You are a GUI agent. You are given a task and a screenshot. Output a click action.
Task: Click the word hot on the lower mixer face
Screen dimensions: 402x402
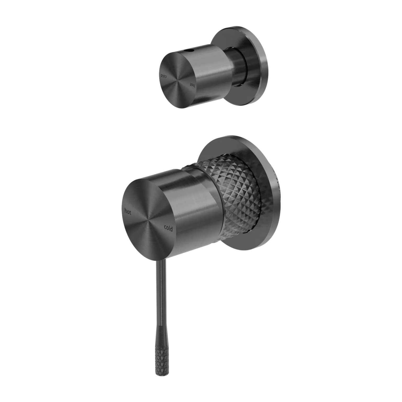[x=128, y=212]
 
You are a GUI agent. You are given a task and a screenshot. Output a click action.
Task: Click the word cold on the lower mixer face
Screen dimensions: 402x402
[x=168, y=228]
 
